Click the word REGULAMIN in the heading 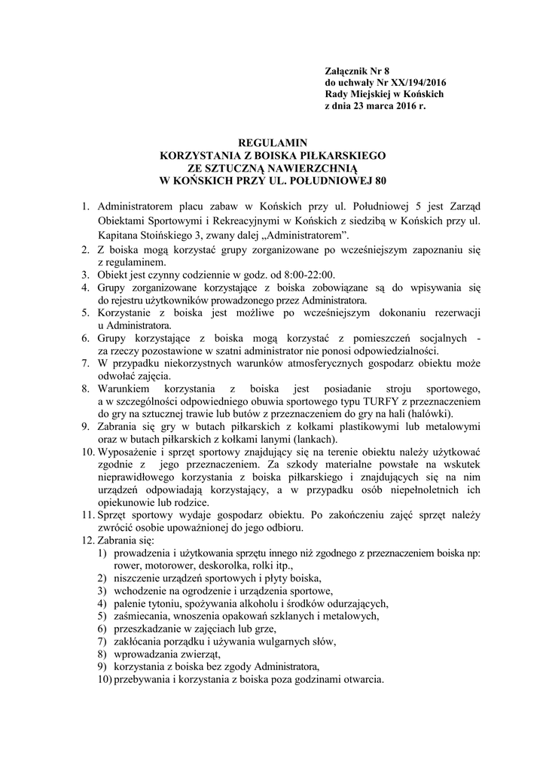tap(273, 142)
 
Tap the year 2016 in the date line tap(401, 107)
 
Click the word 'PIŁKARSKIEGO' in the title tap(341, 155)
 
